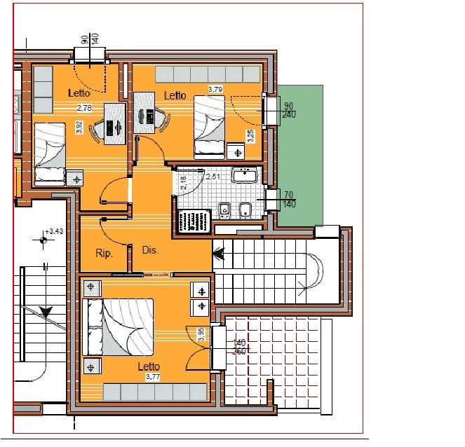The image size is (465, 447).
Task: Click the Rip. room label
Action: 104,254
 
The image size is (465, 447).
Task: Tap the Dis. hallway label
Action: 151,250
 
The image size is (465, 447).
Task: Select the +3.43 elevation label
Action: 54,231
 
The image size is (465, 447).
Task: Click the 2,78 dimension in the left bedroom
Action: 85,108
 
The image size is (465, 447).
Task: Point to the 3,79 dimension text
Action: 215,89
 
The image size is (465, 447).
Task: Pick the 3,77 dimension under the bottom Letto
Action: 153,377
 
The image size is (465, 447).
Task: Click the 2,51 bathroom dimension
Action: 213,177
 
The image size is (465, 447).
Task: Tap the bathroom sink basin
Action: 245,175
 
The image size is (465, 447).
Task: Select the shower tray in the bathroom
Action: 194,221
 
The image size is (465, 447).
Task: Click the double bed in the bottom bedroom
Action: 118,327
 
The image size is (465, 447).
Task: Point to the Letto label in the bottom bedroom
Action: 149,366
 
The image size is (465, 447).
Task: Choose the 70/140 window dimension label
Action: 289,200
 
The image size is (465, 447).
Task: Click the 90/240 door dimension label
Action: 289,110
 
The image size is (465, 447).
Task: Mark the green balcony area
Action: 300,156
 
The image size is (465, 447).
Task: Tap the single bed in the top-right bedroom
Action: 210,128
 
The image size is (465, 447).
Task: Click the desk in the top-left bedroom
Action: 115,124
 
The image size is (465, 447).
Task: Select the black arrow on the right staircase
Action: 219,254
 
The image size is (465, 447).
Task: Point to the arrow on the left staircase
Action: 46,312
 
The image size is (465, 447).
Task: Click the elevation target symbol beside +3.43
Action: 43,240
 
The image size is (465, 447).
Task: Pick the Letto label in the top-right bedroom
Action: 175,96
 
